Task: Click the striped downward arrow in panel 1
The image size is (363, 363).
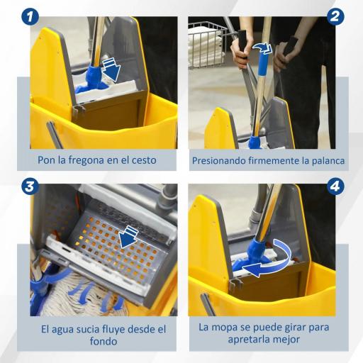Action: tap(111, 69)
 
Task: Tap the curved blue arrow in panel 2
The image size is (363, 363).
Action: tap(262, 48)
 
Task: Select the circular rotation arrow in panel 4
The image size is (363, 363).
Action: tap(269, 259)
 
